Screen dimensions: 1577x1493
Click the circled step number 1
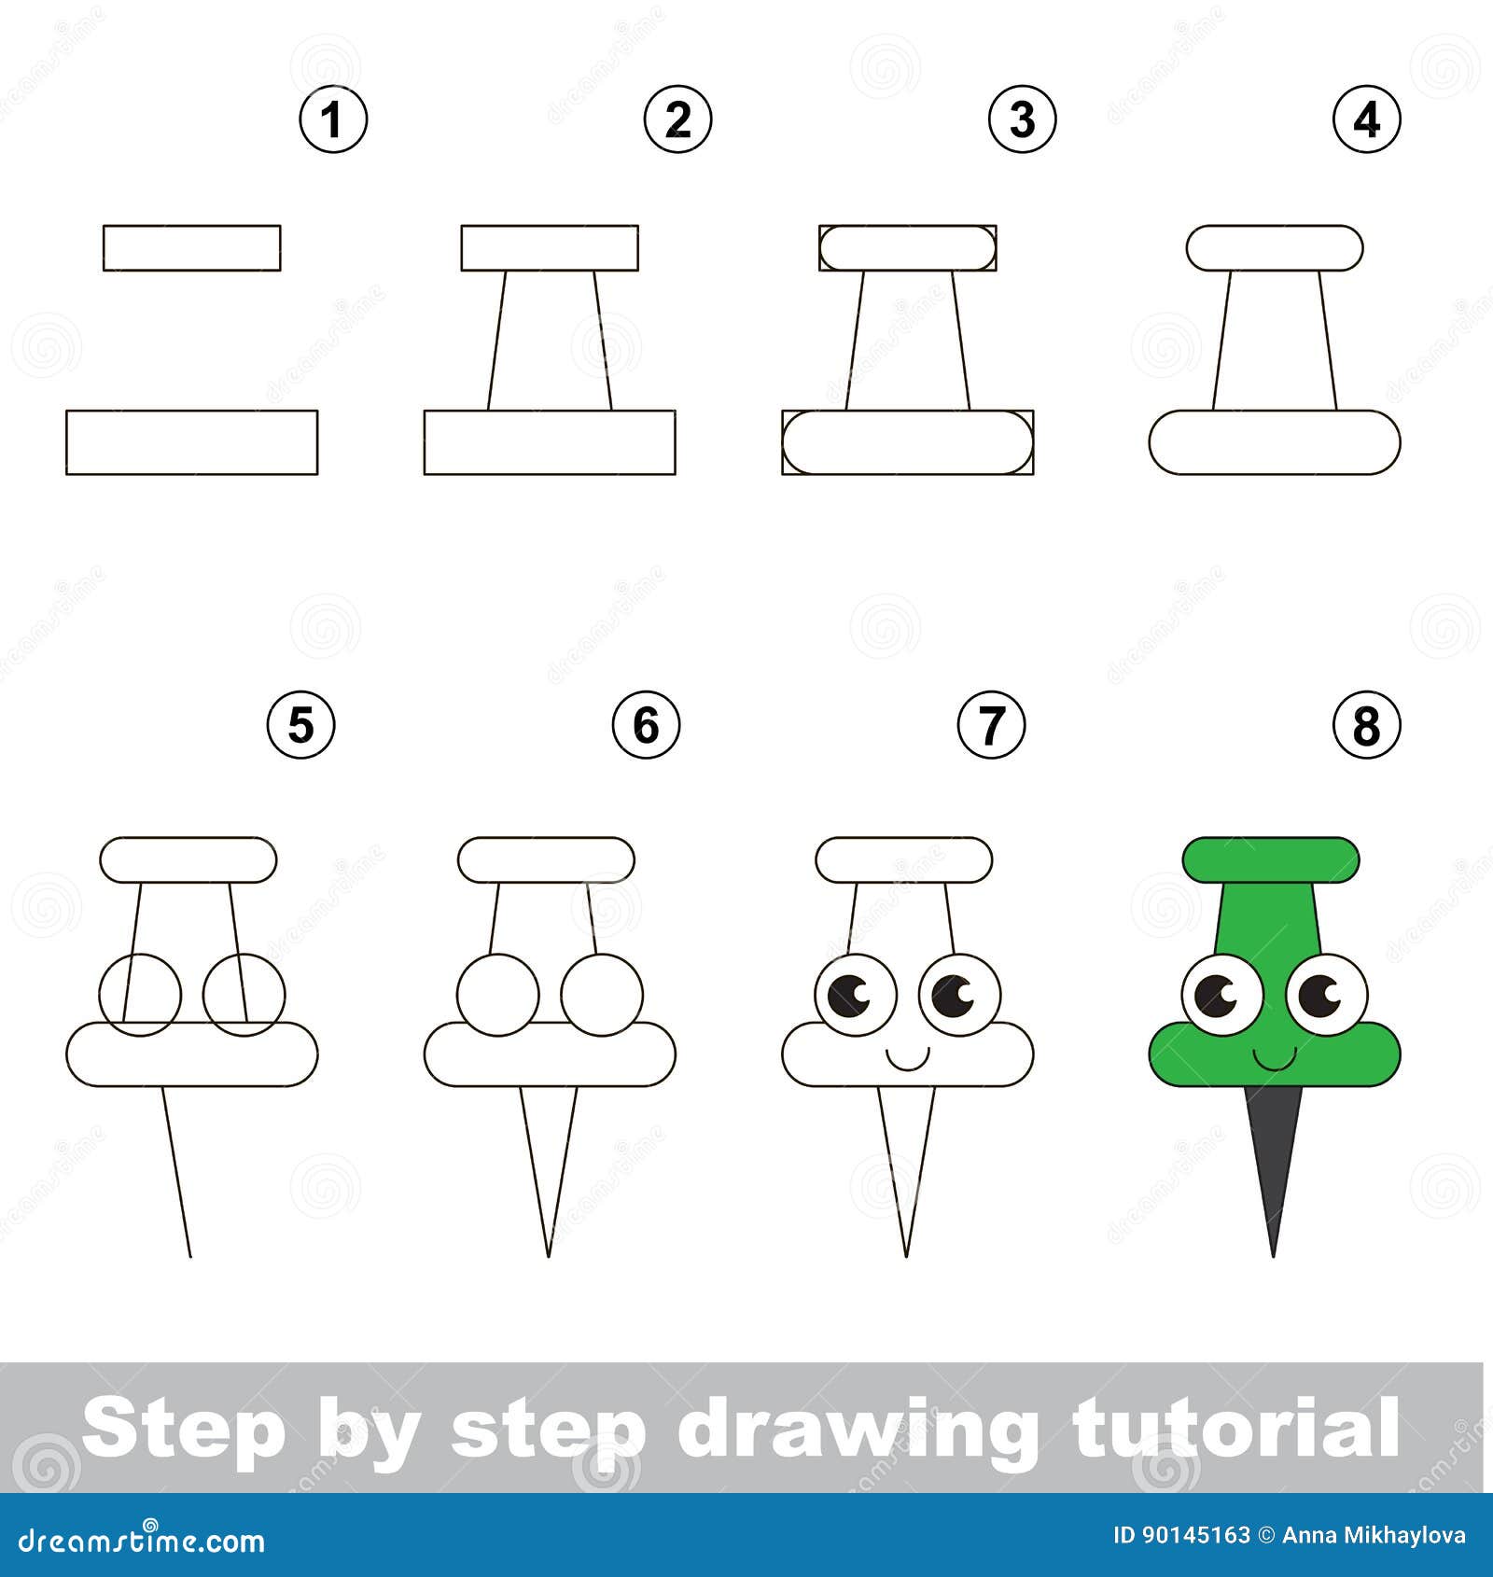coord(333,119)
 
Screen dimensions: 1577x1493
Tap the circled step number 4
coord(1366,119)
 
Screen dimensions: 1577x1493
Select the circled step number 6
coord(646,725)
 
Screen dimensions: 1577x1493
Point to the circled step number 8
coord(1366,725)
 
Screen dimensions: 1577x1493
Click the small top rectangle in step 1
coord(191,248)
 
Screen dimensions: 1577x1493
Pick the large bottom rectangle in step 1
coord(191,442)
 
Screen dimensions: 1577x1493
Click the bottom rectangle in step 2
coord(550,442)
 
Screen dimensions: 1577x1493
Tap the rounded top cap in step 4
coord(1275,248)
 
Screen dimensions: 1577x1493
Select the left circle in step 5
coord(140,995)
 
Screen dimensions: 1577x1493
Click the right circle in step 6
coord(602,995)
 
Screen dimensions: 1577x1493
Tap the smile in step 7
coord(907,1059)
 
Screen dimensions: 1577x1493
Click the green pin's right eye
coord(1326,995)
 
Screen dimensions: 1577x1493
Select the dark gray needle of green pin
coord(1274,1157)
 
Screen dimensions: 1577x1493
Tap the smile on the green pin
coord(1274,1059)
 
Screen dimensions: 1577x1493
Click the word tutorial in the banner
coord(1236,1428)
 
